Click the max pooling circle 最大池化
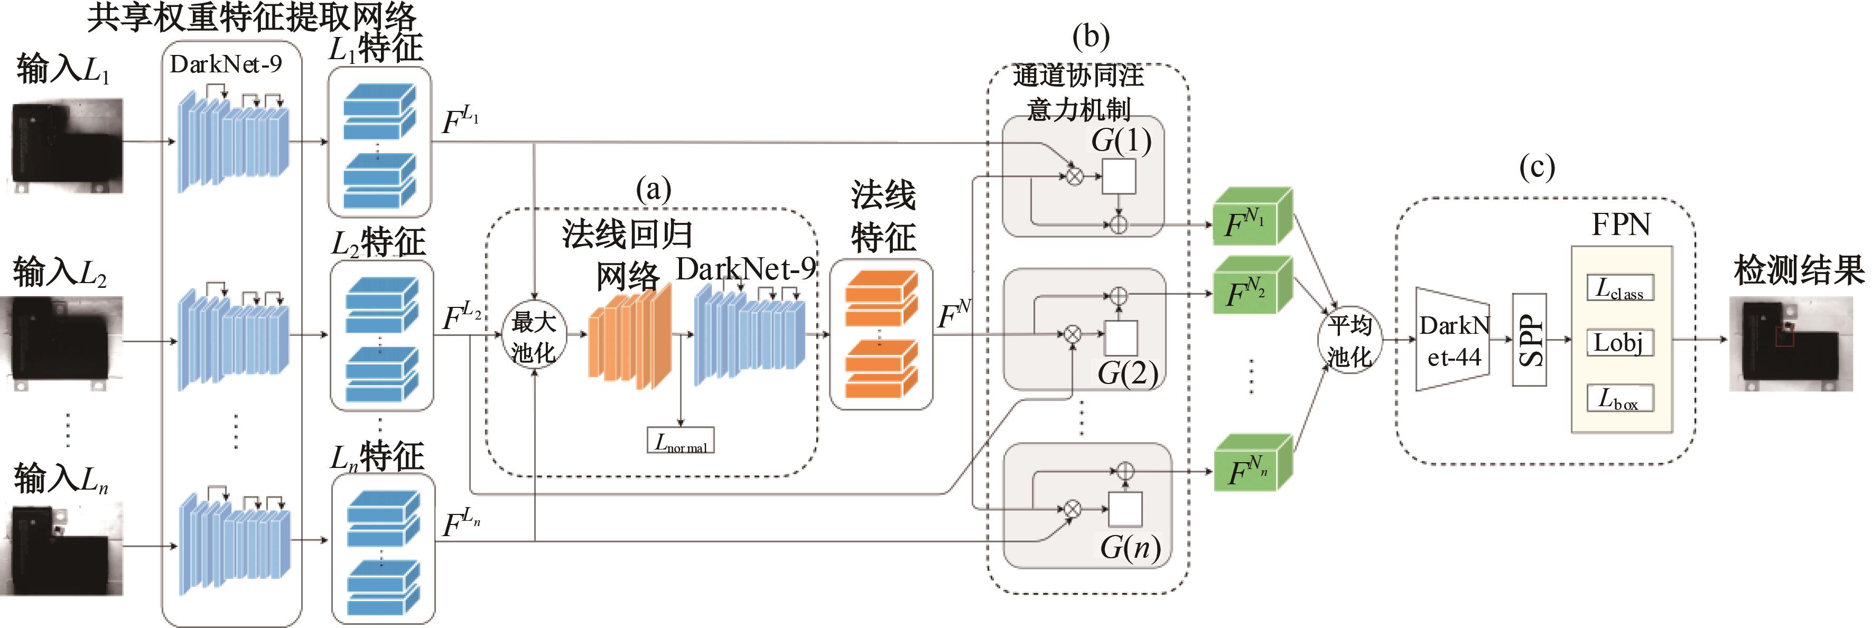[x=534, y=336]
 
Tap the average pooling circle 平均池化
[x=1349, y=340]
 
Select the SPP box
[x=1529, y=340]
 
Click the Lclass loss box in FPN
[x=1620, y=288]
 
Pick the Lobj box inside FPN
[x=1620, y=342]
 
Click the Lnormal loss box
[x=681, y=440]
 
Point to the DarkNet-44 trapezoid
[x=1452, y=340]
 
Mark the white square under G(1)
[x=1119, y=176]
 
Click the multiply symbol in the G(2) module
[x=1072, y=334]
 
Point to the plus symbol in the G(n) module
[x=1124, y=471]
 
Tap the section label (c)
[x=1537, y=168]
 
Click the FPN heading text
[x=1620, y=224]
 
